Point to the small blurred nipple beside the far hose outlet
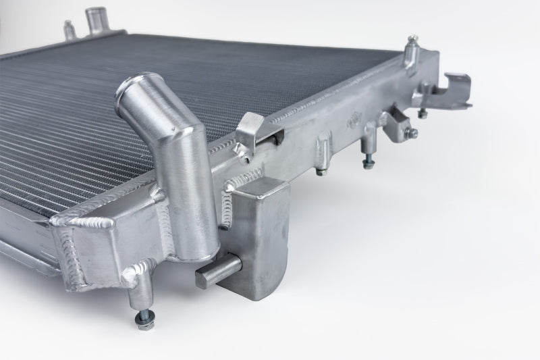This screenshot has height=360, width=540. pyautogui.click(x=68, y=29)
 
